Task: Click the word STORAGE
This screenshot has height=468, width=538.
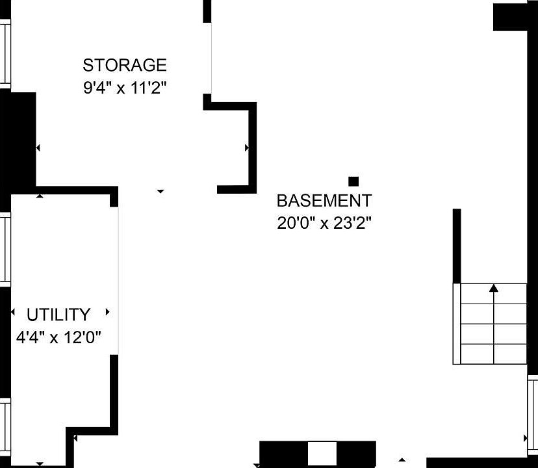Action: [x=125, y=65]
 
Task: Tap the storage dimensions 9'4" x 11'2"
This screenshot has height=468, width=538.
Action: [x=125, y=88]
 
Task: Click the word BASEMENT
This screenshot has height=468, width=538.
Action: [x=324, y=200]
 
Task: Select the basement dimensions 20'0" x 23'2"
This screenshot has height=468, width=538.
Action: [x=324, y=223]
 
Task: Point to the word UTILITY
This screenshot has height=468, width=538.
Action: [x=58, y=315]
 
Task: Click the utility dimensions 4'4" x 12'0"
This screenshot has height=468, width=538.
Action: [x=58, y=337]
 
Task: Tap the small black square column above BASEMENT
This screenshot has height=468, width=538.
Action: [x=353, y=181]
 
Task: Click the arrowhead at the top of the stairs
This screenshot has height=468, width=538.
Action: [x=493, y=288]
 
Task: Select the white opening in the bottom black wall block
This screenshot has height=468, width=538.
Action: [x=322, y=453]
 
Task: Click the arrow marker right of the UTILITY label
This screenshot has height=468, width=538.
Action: [x=107, y=312]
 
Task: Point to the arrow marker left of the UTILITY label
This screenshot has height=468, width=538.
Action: [x=13, y=312]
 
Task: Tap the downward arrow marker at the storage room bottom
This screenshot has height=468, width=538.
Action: [x=160, y=191]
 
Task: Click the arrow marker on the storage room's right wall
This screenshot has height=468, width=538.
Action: [x=247, y=148]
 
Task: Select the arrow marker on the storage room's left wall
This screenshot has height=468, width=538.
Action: [x=38, y=148]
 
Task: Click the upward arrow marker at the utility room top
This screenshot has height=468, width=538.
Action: [x=40, y=196]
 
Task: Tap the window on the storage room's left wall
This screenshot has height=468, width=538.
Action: [x=5, y=54]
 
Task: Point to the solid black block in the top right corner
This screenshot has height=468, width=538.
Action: [x=510, y=17]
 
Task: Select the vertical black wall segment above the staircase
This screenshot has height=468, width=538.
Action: [x=457, y=246]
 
